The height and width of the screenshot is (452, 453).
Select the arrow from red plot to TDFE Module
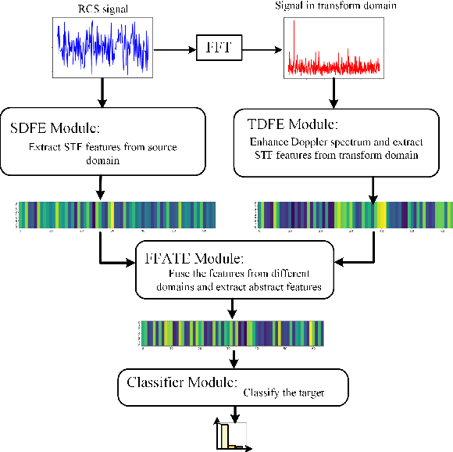click(x=333, y=93)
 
